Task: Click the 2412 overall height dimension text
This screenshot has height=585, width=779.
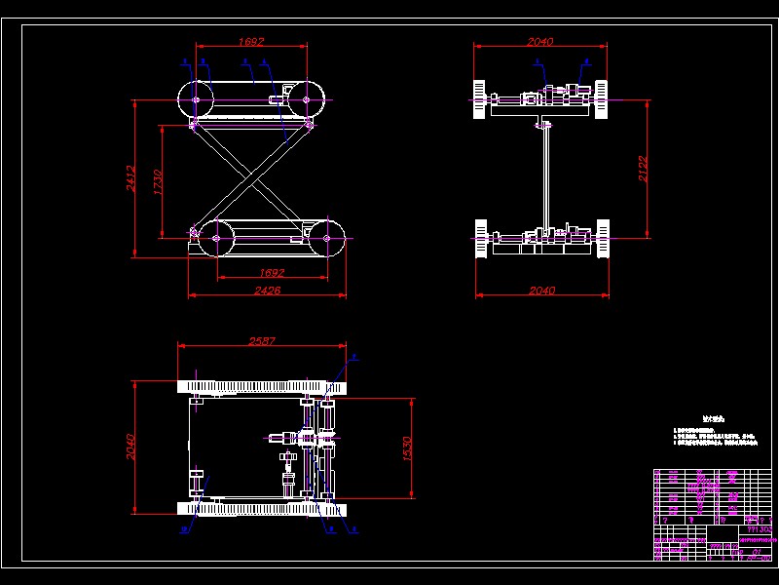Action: click(131, 178)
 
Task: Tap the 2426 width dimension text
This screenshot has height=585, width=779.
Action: click(268, 290)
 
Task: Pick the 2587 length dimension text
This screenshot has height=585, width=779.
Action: click(262, 341)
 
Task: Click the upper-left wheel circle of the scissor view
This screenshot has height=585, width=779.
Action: click(196, 98)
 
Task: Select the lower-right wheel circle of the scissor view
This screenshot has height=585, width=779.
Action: click(325, 236)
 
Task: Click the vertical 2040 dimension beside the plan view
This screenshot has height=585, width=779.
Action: click(131, 447)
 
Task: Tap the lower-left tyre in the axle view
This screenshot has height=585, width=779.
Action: click(480, 240)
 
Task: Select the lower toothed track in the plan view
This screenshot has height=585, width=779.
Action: click(258, 507)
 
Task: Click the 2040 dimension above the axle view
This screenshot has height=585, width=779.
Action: click(540, 42)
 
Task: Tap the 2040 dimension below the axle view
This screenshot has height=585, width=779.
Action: click(540, 291)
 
